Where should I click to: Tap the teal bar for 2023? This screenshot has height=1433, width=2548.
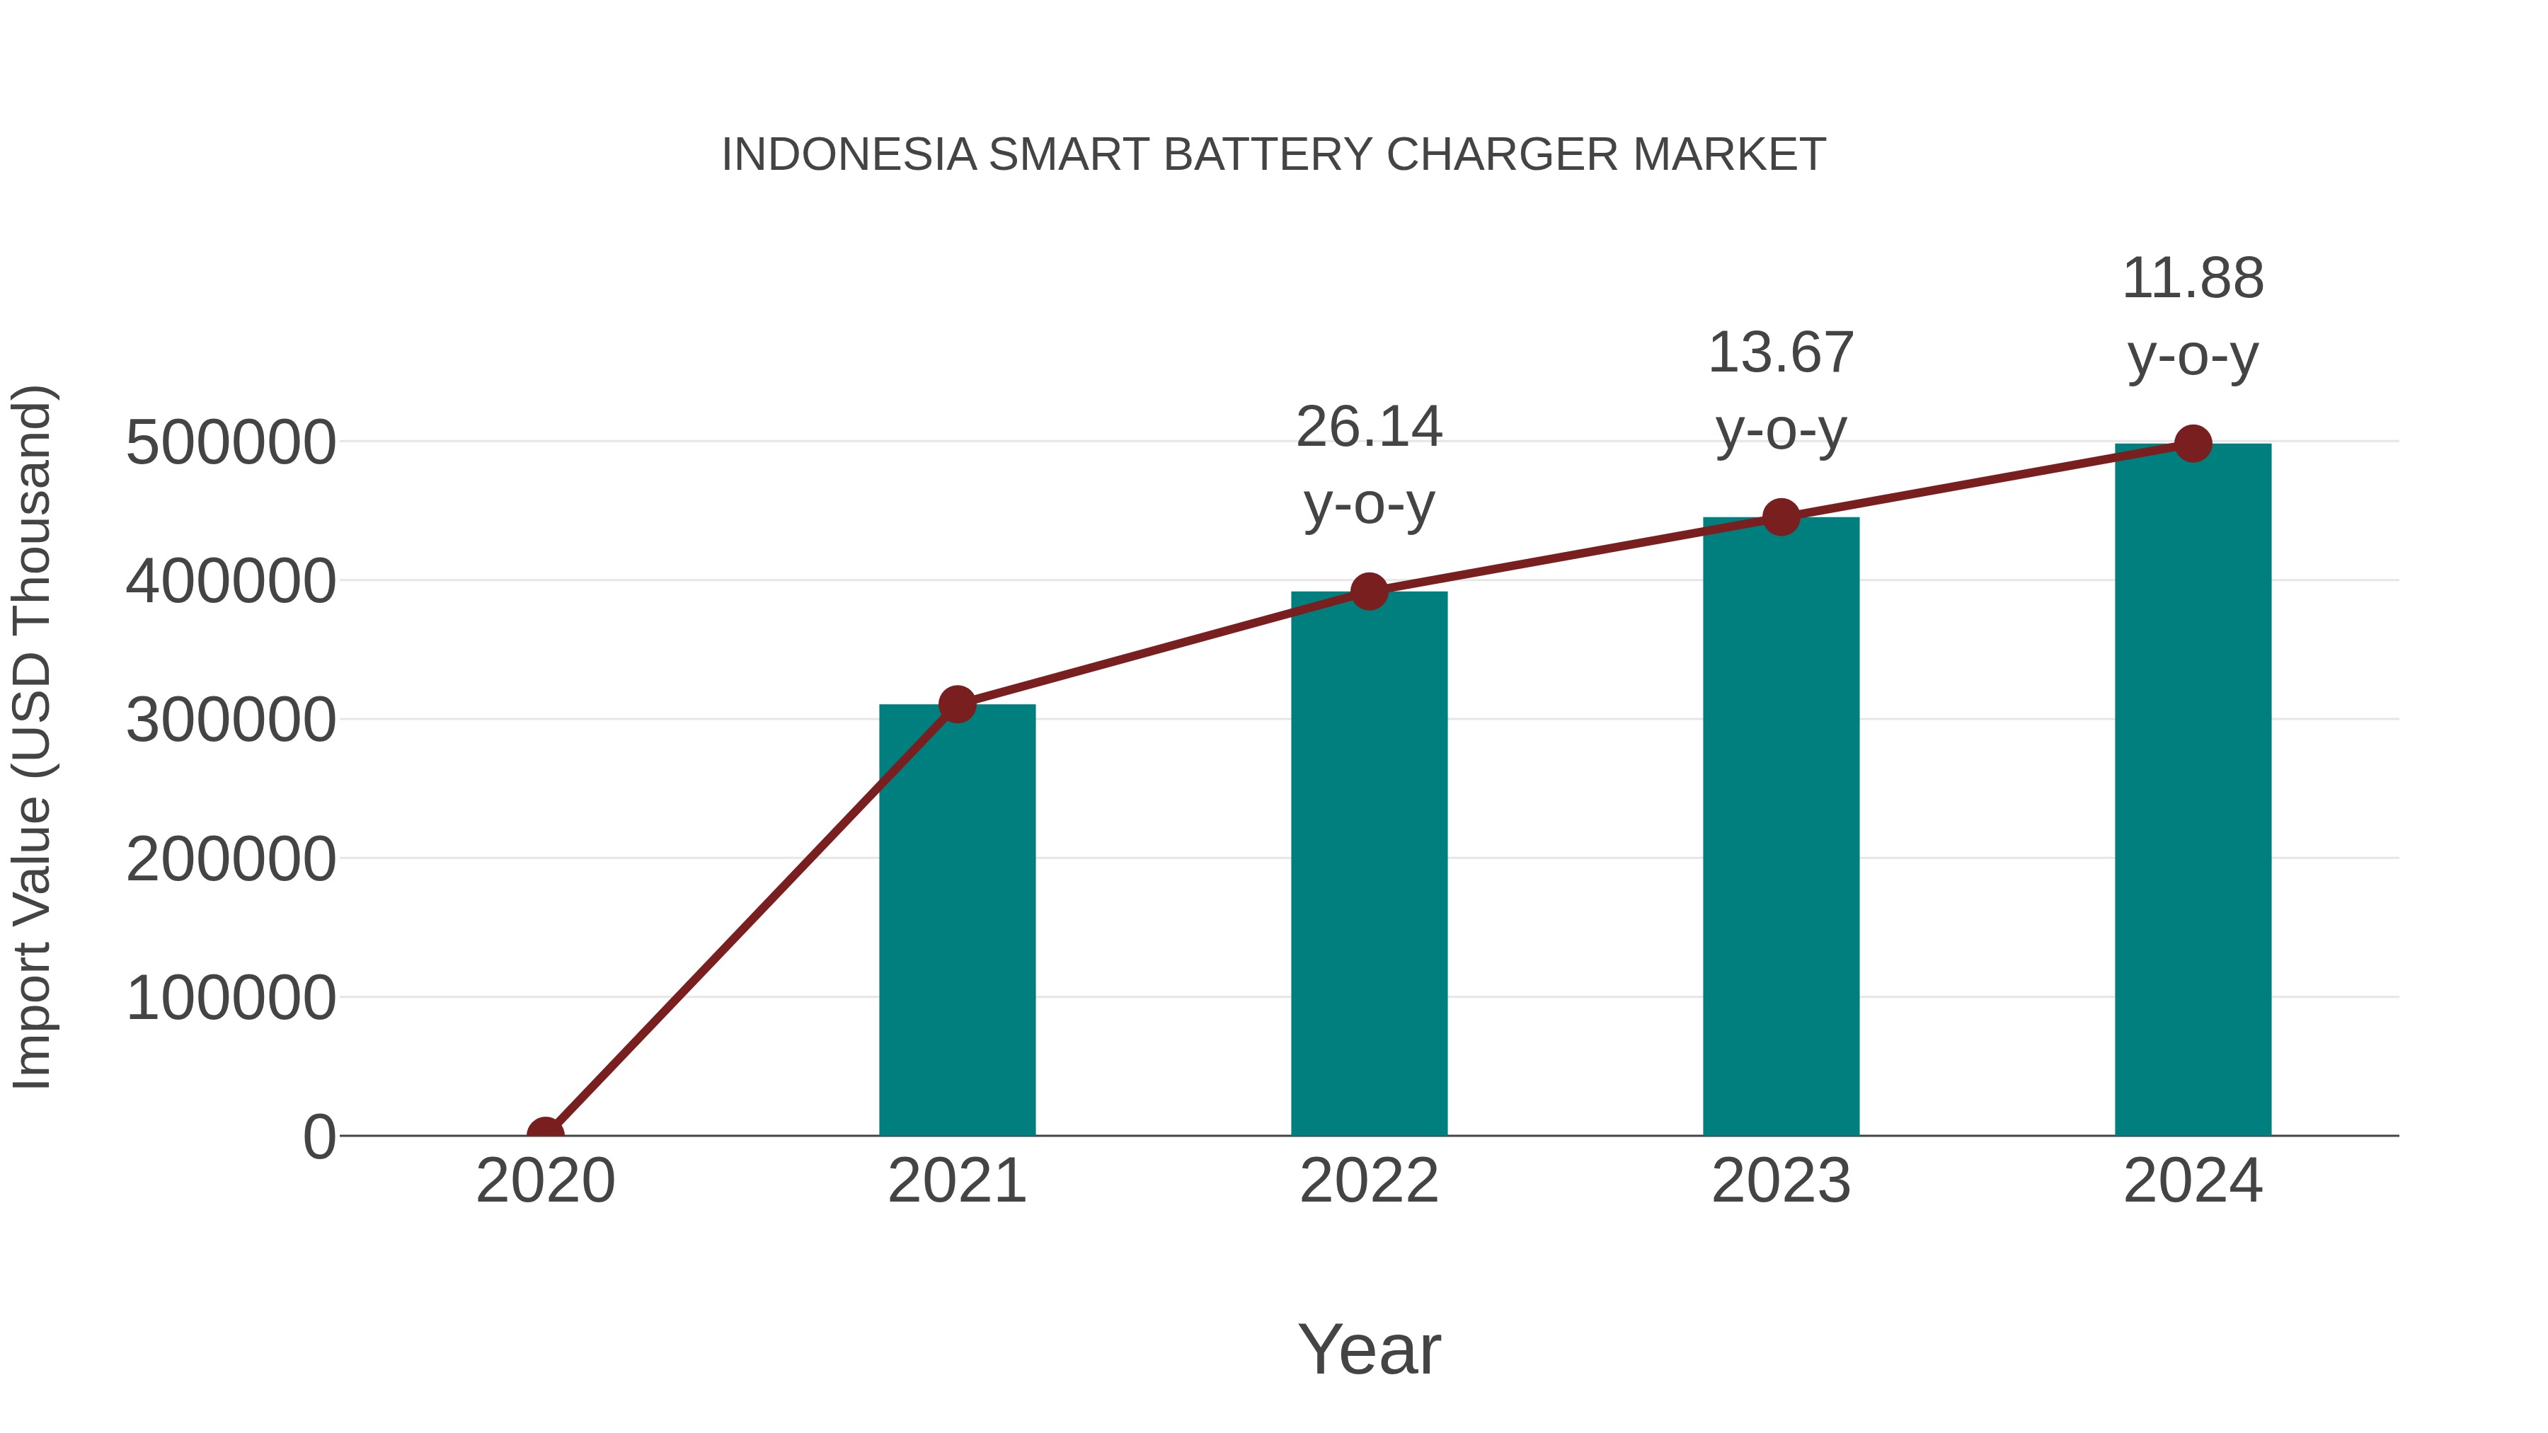tap(1781, 826)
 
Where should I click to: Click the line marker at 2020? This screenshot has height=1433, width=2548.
tap(545, 1134)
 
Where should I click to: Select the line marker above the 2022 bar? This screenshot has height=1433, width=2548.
tap(1369, 592)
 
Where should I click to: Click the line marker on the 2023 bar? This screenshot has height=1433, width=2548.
tap(1781, 517)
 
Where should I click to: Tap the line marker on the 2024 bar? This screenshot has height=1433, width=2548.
tap(2193, 444)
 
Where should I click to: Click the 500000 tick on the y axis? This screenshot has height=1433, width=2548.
tap(231, 442)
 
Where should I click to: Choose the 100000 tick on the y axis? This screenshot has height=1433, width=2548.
tap(231, 998)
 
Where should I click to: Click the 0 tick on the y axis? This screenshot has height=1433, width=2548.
tap(319, 1136)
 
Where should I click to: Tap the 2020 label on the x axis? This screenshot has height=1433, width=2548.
tap(545, 1181)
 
